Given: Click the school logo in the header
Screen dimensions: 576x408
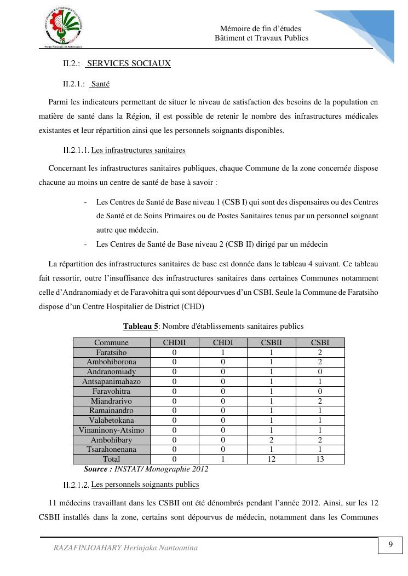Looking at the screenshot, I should (63, 28).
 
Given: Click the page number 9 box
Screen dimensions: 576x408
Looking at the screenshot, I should (390, 545).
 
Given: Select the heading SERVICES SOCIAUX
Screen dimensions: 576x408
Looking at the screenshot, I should (129, 63).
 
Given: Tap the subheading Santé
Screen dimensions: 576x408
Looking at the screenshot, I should (100, 84).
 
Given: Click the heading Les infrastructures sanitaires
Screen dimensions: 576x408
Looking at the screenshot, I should (138, 150).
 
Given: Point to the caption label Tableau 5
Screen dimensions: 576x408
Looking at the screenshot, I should (140, 327).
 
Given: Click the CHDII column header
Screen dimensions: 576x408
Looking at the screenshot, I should (174, 343).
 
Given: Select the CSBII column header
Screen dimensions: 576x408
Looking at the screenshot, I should (271, 343).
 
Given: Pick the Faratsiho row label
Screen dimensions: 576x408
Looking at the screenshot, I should (111, 353).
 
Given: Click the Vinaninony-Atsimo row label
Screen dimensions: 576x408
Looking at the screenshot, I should (111, 430).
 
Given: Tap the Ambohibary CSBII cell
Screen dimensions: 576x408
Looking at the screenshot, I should (271, 440).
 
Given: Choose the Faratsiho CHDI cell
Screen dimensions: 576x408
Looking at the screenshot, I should (223, 353).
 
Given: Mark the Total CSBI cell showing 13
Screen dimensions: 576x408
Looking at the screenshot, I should (320, 459).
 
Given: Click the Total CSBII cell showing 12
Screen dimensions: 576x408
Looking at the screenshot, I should (271, 459).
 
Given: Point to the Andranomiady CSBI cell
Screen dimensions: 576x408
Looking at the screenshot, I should (320, 372).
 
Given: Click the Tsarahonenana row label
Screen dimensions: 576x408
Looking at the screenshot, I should (111, 449).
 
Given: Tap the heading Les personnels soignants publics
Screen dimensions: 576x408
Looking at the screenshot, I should (145, 485).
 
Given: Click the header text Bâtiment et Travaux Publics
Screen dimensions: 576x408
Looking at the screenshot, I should (261, 38).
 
